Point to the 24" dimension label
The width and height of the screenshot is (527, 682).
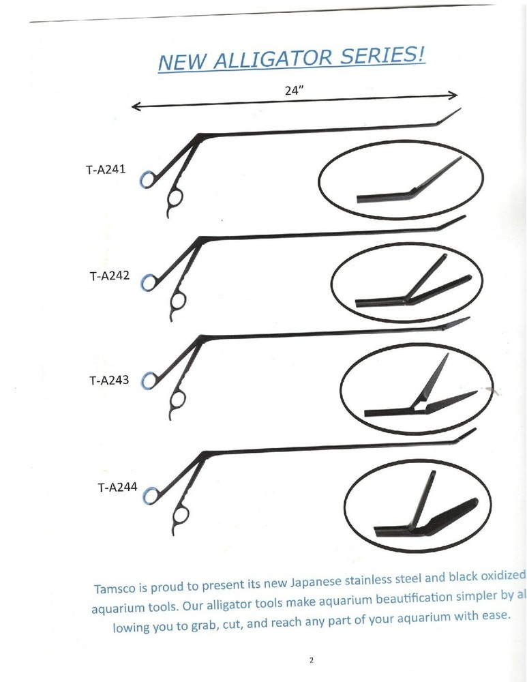click(x=293, y=89)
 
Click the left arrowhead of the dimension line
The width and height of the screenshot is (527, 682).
click(x=135, y=106)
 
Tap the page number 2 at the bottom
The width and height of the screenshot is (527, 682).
click(x=311, y=660)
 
